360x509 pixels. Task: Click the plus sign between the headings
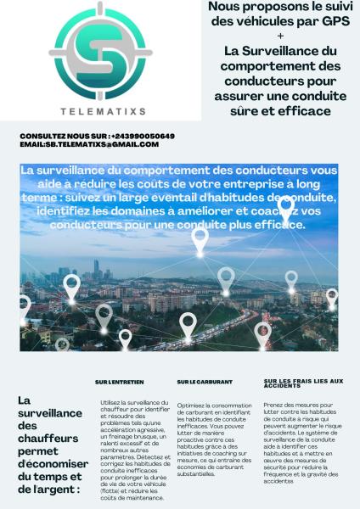(281, 36)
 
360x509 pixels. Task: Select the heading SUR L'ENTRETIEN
(119, 383)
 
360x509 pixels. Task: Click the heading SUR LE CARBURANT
(200, 383)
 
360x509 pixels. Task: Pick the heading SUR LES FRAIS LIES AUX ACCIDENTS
(303, 384)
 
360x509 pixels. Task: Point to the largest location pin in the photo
(200, 240)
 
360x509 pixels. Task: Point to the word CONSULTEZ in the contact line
(42, 136)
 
